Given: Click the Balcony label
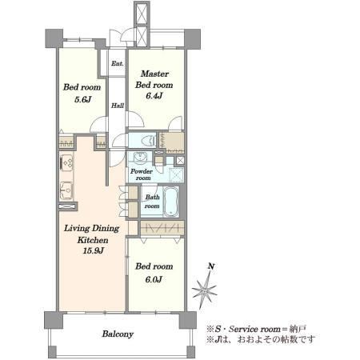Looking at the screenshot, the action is point(118,334).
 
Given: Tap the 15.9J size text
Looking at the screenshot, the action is point(93,250).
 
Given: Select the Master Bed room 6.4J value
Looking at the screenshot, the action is point(154,96).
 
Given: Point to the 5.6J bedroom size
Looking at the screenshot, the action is point(82,99).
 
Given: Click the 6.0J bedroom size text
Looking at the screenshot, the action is point(154,279).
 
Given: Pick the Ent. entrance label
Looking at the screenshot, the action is point(118,63).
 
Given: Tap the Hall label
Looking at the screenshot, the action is point(118,106).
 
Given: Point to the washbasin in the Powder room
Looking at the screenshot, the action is point(138,157).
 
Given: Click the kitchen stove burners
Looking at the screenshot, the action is point(66,162).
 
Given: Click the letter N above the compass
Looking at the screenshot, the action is point(211,266).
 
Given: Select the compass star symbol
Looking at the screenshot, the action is point(205,290).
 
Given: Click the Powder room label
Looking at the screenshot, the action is point(142,174).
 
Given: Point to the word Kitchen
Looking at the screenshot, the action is point(93,240).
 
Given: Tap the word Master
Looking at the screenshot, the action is point(154,74).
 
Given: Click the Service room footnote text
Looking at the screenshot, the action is point(257,329).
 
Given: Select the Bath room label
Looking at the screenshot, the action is point(152,202).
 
